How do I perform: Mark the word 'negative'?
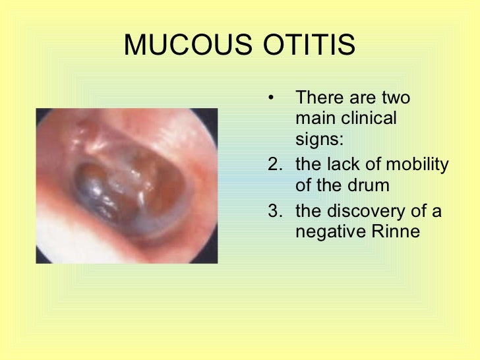330,232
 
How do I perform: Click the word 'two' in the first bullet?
395,98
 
